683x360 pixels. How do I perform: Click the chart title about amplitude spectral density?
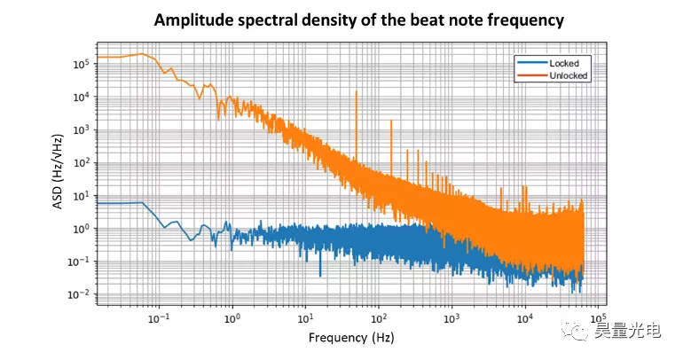(359, 20)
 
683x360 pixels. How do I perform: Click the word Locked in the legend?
(564, 64)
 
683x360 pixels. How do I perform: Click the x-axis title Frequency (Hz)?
(351, 338)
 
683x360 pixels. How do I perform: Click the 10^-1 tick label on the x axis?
(159, 317)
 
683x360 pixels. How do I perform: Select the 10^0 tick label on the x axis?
(233, 317)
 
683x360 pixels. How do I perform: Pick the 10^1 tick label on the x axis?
(306, 317)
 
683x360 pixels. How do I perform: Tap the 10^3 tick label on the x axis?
(451, 317)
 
